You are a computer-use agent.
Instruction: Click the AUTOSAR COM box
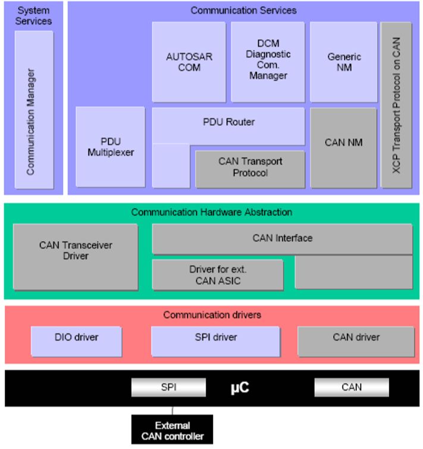point(189,62)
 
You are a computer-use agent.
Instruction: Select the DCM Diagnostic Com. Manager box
point(268,62)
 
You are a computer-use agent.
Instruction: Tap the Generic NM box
point(344,62)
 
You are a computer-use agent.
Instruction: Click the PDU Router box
point(228,123)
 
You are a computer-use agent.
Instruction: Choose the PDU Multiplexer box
point(111,146)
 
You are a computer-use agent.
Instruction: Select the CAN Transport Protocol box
point(250,167)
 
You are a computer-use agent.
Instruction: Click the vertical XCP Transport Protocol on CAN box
point(396,105)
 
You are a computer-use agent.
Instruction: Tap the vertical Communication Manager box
point(33,111)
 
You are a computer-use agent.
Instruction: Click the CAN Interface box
point(282,238)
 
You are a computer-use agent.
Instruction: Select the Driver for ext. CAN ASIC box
point(217,275)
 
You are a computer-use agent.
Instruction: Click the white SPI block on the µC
point(168,388)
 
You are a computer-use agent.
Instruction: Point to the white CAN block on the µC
point(351,388)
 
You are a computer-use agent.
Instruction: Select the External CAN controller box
point(173,431)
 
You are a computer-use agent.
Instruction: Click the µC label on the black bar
point(240,388)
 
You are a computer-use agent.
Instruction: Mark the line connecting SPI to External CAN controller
point(173,410)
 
